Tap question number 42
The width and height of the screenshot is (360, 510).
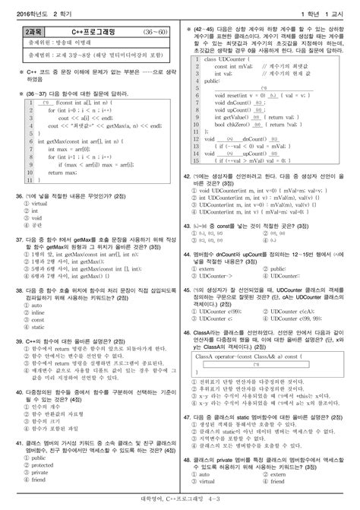[x=188, y=173]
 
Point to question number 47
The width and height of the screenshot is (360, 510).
[x=188, y=417]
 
